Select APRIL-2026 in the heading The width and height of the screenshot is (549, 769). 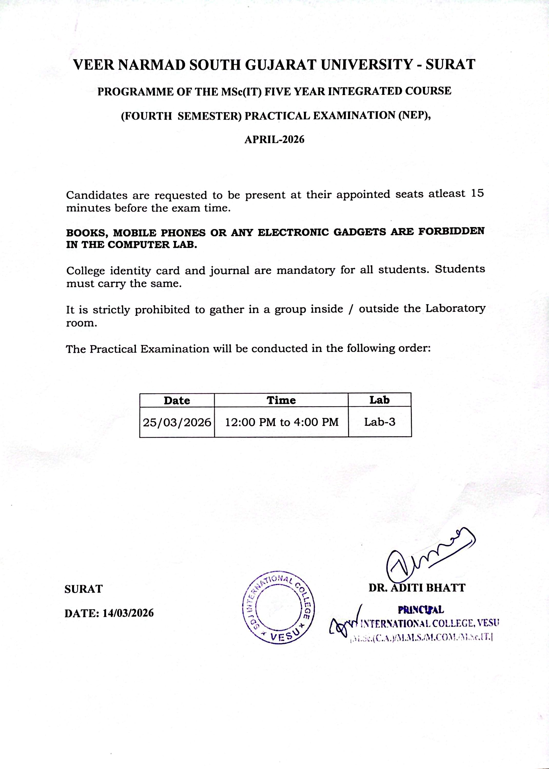[x=274, y=139]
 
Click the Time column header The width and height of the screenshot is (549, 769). [x=281, y=400]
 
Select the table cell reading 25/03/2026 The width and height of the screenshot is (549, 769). [x=177, y=422]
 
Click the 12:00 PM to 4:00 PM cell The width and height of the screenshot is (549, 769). [x=282, y=422]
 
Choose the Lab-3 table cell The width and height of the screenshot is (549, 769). [x=380, y=421]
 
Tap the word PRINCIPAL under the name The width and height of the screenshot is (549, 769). [x=421, y=610]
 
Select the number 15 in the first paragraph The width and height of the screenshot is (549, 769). [x=477, y=193]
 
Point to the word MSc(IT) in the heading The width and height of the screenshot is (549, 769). [x=242, y=92]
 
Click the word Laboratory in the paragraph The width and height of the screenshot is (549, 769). [x=455, y=308]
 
